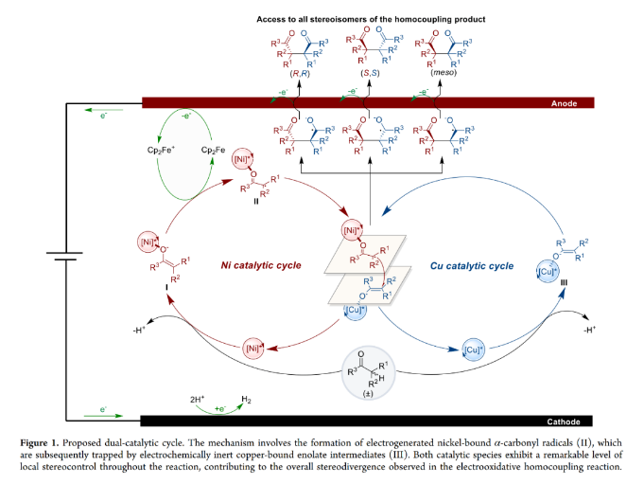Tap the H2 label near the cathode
coord(248,402)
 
